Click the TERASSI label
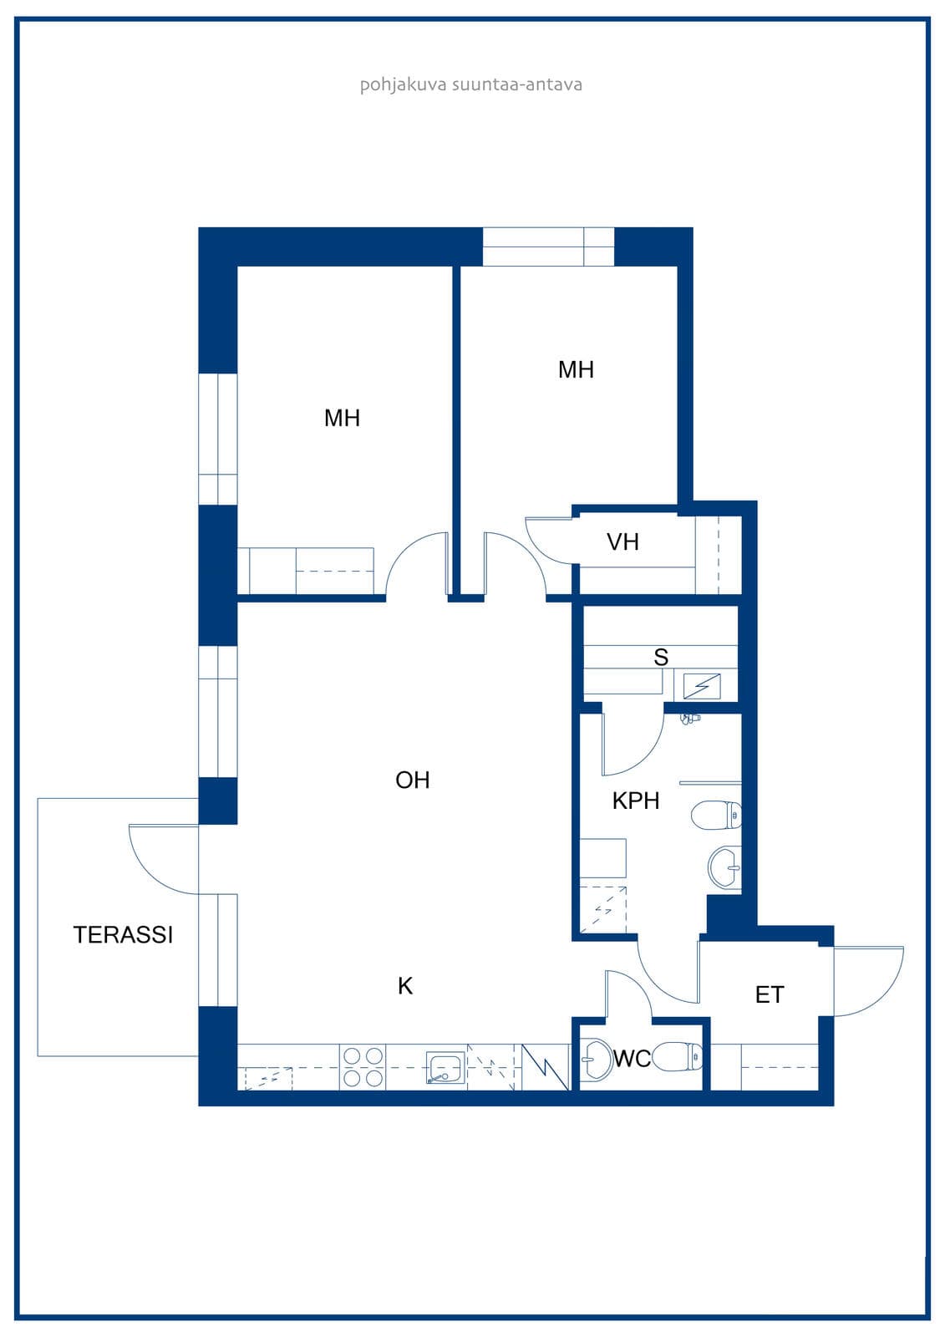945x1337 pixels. (123, 935)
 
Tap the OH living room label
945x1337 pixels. (413, 780)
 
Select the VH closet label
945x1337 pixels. (622, 542)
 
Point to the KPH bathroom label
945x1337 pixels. (636, 801)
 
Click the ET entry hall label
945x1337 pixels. (770, 995)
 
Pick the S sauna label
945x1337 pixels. (661, 657)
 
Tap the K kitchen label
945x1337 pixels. (405, 986)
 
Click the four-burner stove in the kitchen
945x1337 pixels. (363, 1066)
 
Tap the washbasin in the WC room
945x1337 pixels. (597, 1059)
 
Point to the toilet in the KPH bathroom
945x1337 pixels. (716, 815)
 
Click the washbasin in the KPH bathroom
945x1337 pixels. (724, 868)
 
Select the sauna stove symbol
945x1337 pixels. (702, 686)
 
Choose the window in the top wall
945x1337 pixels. (548, 247)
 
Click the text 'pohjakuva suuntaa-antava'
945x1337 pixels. (471, 84)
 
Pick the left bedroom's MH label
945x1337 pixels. (342, 419)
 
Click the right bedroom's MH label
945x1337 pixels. (576, 370)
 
